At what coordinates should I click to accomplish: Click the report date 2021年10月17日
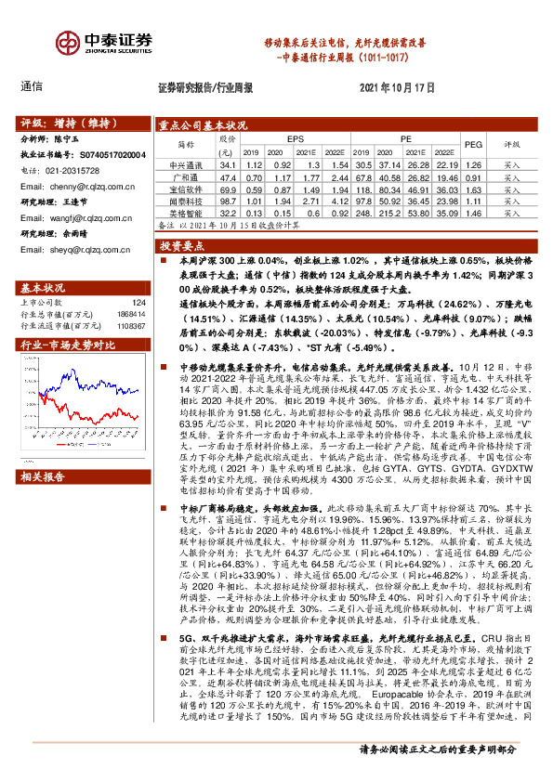397,86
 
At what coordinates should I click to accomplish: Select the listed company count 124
138,302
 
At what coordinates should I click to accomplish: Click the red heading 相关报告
43,477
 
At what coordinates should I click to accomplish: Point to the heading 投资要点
182,246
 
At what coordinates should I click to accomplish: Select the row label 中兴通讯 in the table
182,163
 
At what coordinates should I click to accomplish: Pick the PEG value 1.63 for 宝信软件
473,188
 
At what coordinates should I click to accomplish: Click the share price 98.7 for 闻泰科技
224,200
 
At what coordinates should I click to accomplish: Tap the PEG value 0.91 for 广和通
473,176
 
